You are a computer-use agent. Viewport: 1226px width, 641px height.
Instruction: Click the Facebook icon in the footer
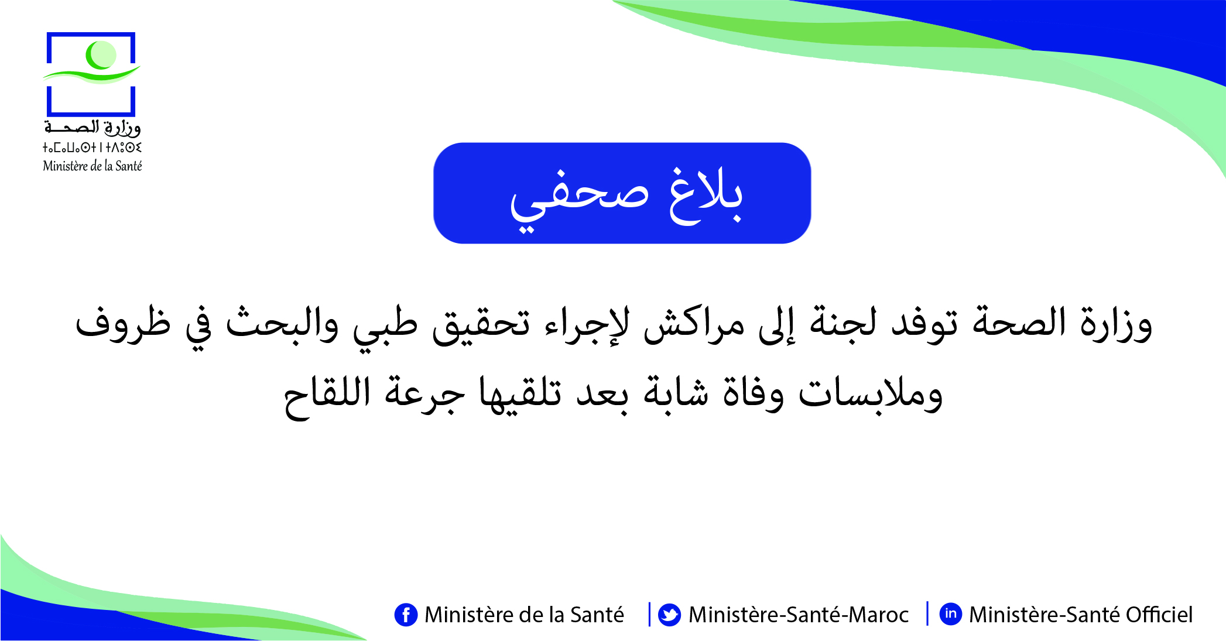406,615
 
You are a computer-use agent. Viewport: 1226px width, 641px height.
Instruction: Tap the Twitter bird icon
669,615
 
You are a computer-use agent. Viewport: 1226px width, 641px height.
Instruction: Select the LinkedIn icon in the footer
951,614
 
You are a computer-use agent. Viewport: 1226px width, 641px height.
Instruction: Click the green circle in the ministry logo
101,55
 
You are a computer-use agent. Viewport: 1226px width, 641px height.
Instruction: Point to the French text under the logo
93,166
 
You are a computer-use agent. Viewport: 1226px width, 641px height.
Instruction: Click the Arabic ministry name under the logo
93,127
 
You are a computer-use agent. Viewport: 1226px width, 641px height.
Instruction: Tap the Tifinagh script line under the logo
93,148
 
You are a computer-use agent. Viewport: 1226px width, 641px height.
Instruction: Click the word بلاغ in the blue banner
706,196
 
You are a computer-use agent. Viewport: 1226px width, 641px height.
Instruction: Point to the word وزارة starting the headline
1116,324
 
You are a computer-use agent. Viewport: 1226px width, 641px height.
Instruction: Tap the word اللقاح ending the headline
327,395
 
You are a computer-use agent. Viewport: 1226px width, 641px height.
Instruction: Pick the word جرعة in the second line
425,395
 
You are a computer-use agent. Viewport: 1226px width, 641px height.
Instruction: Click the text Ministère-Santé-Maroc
799,615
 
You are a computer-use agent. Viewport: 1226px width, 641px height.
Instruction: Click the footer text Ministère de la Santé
524,615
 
